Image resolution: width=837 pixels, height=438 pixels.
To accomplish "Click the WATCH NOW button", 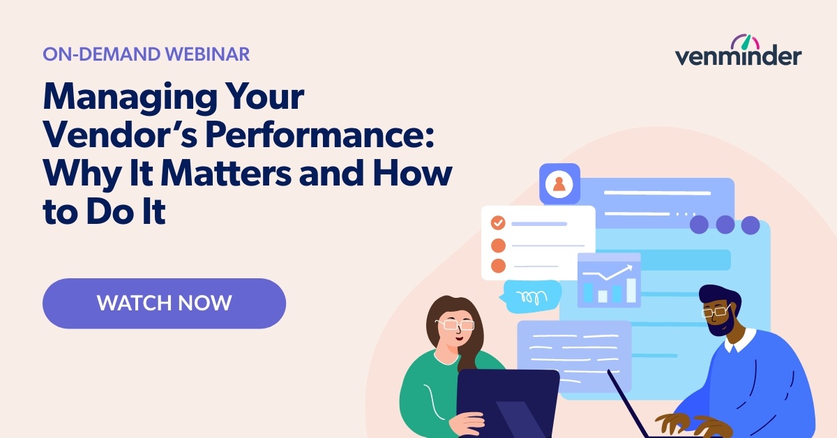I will (164, 303).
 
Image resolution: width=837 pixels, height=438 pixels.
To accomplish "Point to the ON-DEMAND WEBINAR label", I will (146, 54).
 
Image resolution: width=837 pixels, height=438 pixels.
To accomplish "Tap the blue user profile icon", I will (559, 184).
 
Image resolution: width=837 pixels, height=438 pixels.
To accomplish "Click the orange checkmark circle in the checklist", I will (498, 223).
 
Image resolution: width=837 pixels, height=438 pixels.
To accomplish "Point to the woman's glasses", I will (454, 324).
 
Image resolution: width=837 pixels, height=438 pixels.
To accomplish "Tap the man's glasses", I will (715, 312).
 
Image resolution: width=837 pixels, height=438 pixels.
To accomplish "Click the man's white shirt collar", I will (741, 341).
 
